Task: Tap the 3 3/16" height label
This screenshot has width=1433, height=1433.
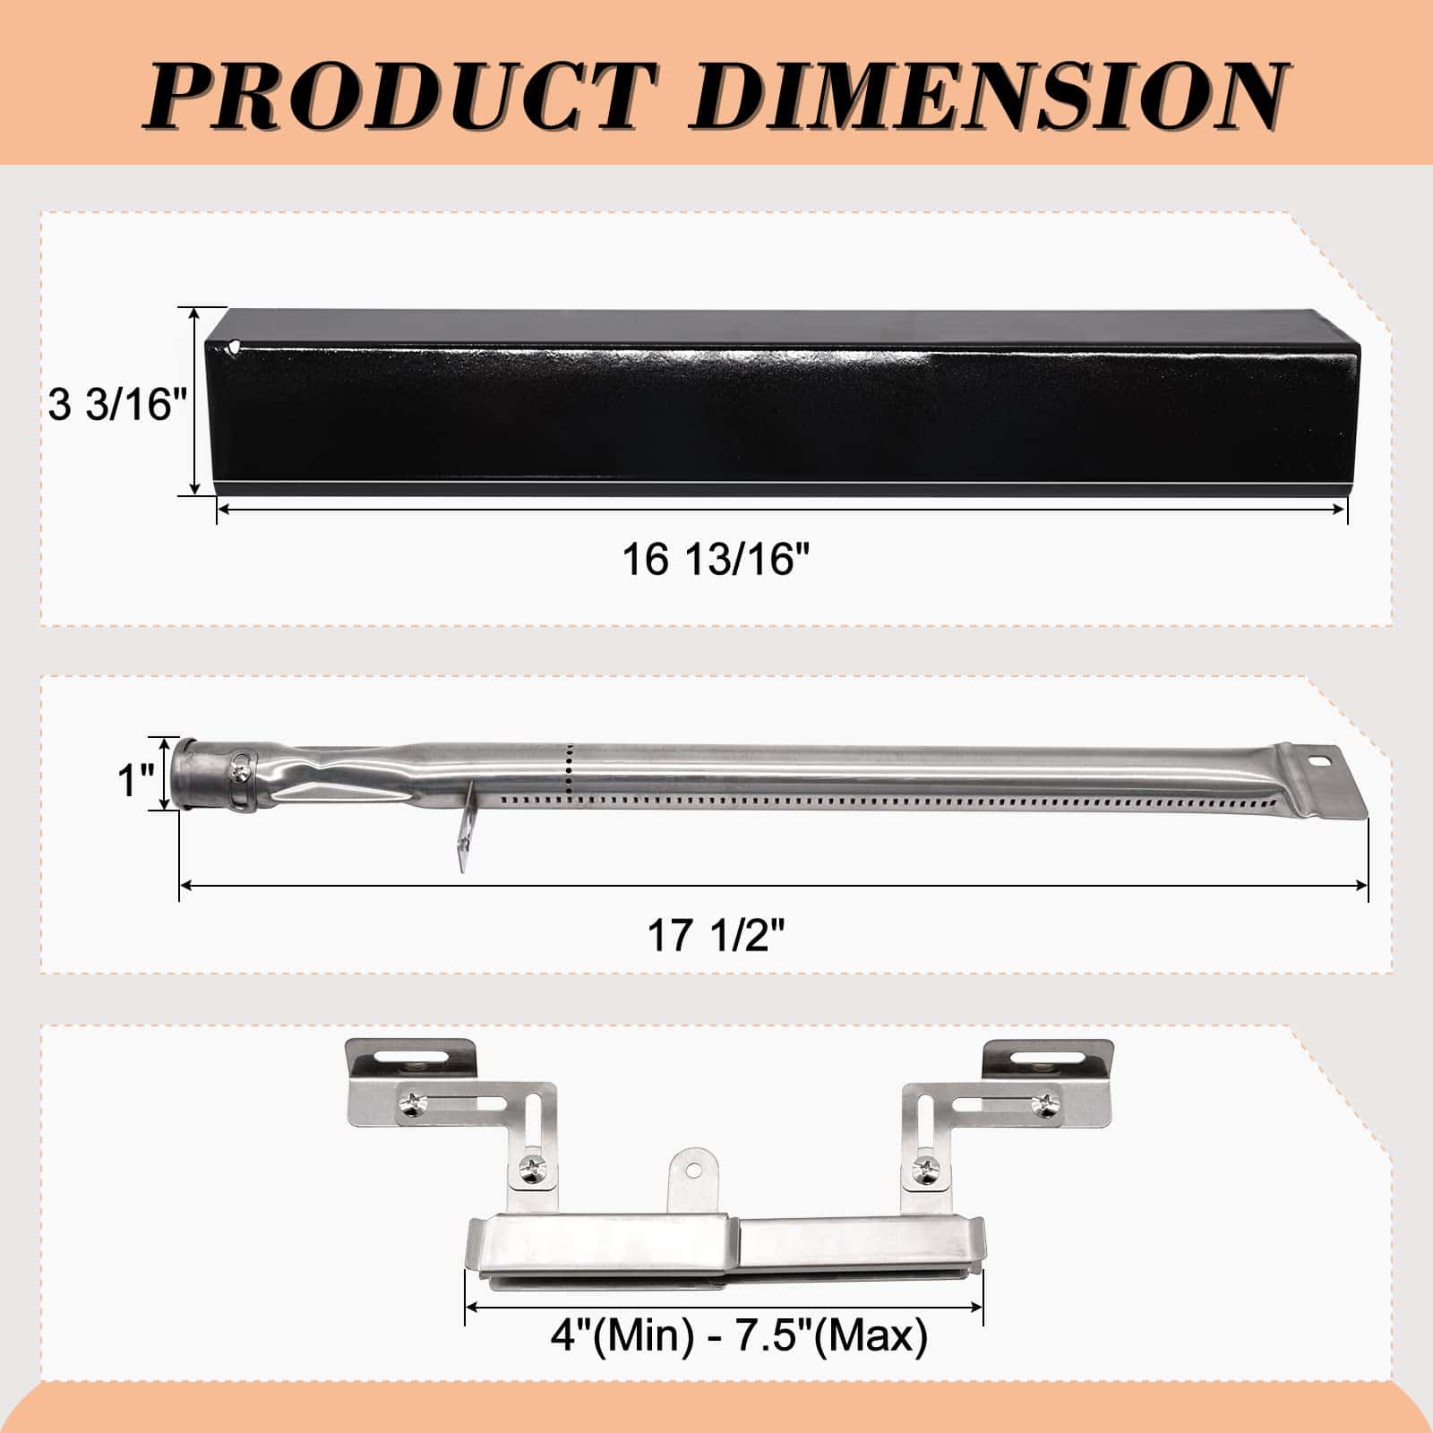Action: pos(116,405)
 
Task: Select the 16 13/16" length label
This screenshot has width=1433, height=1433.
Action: pos(716,560)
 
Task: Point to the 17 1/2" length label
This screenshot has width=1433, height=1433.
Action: pos(716,936)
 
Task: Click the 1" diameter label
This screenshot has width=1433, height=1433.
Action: pos(137,779)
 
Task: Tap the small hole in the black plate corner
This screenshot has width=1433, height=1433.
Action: pos(234,344)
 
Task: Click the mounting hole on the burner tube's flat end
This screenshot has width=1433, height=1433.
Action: pos(1319,763)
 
